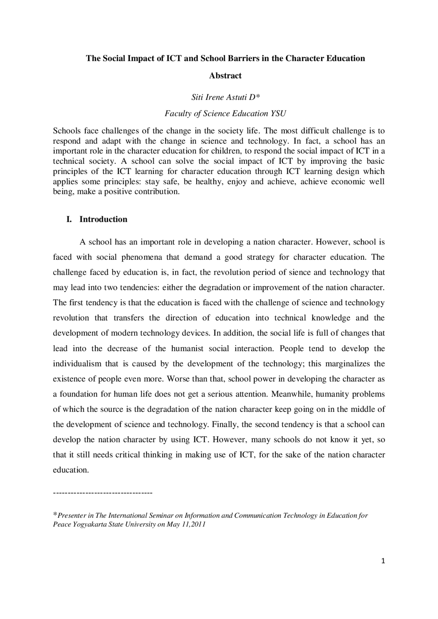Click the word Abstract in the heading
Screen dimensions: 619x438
point(225,76)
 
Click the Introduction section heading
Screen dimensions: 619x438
point(103,219)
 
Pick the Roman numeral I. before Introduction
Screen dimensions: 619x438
point(69,219)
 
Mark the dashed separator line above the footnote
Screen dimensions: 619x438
point(103,493)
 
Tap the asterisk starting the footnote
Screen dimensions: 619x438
point(55,515)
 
